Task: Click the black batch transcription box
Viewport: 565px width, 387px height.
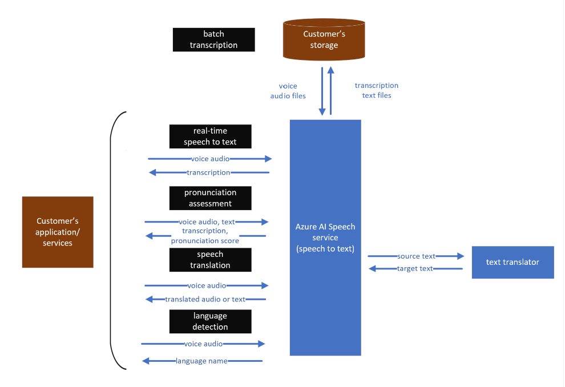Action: [213, 40]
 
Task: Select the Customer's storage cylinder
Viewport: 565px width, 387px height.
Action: [324, 40]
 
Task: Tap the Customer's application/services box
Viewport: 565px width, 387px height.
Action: [58, 232]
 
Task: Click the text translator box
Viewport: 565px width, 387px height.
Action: [512, 262]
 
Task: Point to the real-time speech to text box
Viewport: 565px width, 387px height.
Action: [210, 136]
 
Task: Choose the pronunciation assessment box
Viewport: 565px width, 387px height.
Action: [210, 198]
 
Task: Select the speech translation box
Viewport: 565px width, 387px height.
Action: [210, 260]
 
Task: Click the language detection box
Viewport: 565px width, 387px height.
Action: [210, 321]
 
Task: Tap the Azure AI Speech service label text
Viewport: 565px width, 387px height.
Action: [325, 237]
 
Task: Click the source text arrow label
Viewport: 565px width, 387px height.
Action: [416, 256]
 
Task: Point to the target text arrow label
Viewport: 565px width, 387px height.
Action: [415, 268]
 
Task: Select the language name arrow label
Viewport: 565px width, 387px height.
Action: [201, 361]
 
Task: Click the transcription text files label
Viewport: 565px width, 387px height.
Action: [377, 90]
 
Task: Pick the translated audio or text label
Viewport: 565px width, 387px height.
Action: [205, 299]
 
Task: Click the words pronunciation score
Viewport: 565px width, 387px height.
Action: [205, 241]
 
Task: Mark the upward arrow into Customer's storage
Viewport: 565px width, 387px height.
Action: [330, 90]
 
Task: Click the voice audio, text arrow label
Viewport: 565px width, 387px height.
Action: [207, 221]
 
